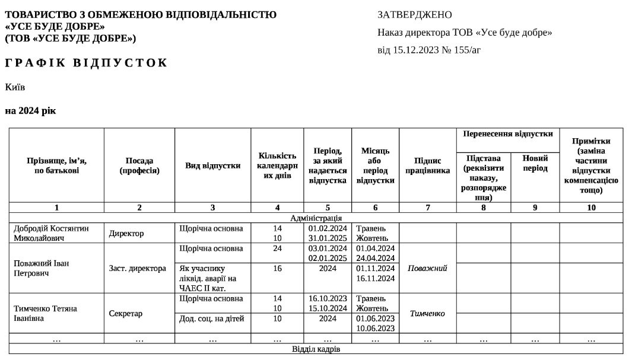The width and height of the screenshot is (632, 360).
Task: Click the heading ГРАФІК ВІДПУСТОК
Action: [x=87, y=63]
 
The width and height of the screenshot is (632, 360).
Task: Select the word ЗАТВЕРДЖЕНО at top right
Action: [x=414, y=15]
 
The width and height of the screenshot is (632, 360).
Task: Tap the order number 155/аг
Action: [x=468, y=50]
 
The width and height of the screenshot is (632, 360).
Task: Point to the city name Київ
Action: [x=15, y=87]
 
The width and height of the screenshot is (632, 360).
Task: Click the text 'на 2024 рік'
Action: [x=30, y=111]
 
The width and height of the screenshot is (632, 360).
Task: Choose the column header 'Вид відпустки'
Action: [x=212, y=165]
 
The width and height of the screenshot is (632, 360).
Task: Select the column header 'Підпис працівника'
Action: [x=427, y=165]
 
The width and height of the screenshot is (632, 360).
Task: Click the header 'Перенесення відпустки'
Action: [x=507, y=133]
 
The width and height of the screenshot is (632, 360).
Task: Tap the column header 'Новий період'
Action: [x=535, y=163]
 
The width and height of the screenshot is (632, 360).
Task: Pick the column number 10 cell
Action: [x=591, y=208]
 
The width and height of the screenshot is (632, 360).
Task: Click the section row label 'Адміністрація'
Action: [x=316, y=218]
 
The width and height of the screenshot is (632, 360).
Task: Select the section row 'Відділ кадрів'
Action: [x=316, y=349]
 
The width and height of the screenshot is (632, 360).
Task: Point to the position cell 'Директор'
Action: [x=126, y=233]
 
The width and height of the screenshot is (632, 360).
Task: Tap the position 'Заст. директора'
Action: [x=138, y=268]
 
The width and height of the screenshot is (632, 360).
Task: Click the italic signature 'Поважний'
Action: [x=427, y=268]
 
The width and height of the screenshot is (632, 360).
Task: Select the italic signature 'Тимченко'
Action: [x=427, y=313]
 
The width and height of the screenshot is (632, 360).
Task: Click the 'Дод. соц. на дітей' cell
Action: [x=212, y=318]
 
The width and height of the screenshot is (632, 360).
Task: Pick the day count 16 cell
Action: [x=277, y=268]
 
